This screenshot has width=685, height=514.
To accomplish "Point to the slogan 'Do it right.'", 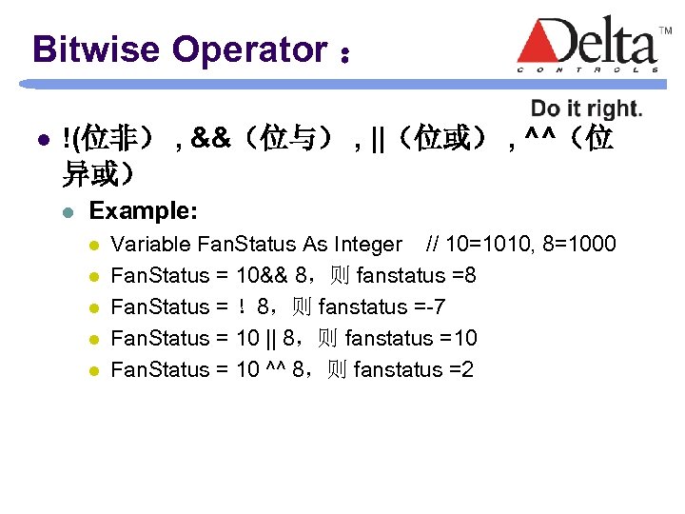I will click(586, 109).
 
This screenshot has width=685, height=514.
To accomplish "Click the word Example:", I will click(144, 211).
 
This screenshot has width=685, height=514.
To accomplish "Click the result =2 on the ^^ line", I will click(460, 369).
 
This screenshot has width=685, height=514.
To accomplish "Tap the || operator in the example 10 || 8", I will click(272, 338).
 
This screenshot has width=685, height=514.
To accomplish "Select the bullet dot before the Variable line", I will click(94, 245).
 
